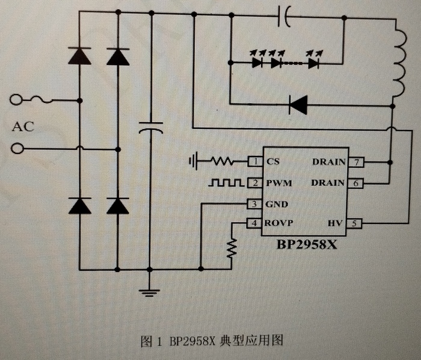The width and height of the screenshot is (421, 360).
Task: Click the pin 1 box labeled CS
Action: click(x=254, y=161)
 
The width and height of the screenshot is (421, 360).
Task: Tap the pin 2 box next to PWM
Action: click(x=254, y=182)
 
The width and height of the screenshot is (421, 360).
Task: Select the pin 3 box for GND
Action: click(x=254, y=204)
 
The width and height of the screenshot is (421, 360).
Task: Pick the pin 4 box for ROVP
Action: click(x=254, y=223)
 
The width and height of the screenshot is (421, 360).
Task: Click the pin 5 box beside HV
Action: click(x=355, y=223)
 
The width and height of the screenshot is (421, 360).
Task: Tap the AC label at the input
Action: click(x=23, y=126)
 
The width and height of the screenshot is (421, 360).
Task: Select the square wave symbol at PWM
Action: click(x=226, y=182)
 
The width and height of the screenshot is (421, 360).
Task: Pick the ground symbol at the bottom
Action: click(x=150, y=293)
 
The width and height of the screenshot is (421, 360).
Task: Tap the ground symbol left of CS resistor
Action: click(x=193, y=161)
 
